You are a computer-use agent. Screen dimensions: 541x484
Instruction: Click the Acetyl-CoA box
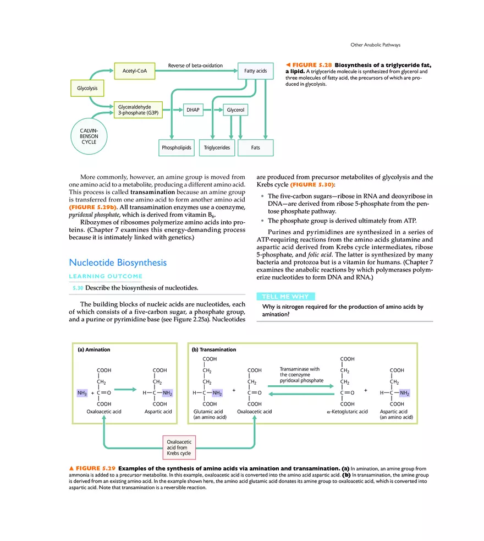pyautogui.click(x=135, y=71)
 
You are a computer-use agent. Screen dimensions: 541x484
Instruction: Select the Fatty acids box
pyautogui.click(x=255, y=71)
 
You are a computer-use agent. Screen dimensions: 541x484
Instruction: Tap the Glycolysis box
pyautogui.click(x=84, y=88)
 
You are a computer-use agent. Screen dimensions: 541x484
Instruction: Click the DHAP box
pyautogui.click(x=193, y=110)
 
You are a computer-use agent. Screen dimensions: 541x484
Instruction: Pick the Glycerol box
pyautogui.click(x=235, y=110)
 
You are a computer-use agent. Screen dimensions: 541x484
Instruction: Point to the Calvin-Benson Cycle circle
pyautogui.click(x=89, y=135)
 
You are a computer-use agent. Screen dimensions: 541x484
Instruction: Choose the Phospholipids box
pyautogui.click(x=177, y=147)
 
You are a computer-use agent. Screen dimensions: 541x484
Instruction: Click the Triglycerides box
pyautogui.click(x=217, y=147)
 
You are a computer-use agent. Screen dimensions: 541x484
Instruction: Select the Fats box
pyautogui.click(x=255, y=147)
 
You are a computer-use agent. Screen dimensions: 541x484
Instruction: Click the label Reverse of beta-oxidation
pyautogui.click(x=195, y=65)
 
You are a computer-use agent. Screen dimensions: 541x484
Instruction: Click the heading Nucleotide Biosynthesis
pyautogui.click(x=118, y=263)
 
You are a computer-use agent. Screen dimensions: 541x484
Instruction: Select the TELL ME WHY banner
pyautogui.click(x=285, y=297)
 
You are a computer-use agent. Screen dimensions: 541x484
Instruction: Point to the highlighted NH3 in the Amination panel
pyautogui.click(x=82, y=393)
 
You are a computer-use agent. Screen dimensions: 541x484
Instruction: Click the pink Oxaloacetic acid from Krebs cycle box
pyautogui.click(x=179, y=447)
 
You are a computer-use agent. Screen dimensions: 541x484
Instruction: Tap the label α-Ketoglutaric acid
pyautogui.click(x=347, y=411)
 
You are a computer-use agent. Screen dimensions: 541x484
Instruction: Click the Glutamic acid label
pyautogui.click(x=208, y=411)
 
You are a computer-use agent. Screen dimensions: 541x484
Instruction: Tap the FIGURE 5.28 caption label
pyautogui.click(x=312, y=65)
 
